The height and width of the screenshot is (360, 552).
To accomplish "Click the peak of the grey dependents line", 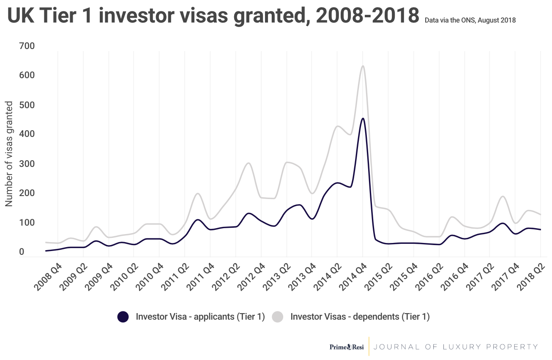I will tap(362, 66).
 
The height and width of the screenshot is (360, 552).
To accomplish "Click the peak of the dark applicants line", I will tap(362, 119).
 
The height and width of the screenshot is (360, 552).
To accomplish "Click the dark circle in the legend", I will tap(123, 316).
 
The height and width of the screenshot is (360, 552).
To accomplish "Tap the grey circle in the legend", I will tap(277, 316).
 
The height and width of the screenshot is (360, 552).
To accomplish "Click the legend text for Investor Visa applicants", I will tap(200, 316).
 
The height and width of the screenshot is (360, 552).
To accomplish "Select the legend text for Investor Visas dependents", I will tap(360, 316).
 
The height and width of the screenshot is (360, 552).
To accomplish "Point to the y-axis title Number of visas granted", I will tap(9, 154).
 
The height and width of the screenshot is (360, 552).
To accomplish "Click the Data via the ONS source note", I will tap(470, 20).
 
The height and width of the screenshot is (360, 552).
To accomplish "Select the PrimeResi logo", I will tap(347, 347).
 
